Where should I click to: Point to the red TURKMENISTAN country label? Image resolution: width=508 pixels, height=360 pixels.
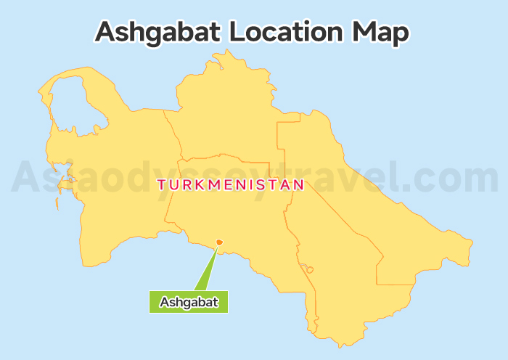pos(230,185)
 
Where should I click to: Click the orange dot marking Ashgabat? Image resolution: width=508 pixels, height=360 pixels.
pos(219,243)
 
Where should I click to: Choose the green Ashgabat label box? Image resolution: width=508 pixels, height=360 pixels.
pos(189,302)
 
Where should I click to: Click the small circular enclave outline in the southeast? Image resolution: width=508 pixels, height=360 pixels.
pos(310,269)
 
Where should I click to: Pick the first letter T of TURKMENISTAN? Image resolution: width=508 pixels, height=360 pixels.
pos(161,185)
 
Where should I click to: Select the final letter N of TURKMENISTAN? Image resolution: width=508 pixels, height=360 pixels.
pos(298,185)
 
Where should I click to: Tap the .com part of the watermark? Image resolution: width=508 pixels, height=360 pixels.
pos(450,179)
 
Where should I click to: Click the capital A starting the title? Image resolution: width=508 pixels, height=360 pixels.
pos(107,32)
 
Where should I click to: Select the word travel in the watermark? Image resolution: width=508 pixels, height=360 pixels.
pos(334,179)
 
